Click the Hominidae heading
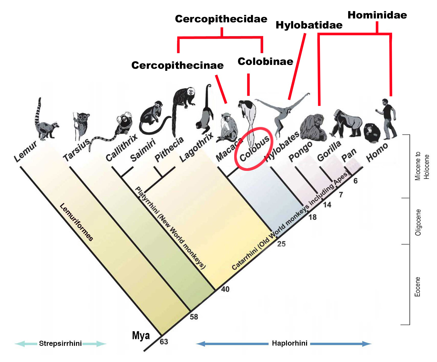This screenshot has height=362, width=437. pyautogui.click(x=377, y=15)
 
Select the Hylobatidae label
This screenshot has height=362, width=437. pyautogui.click(x=309, y=25)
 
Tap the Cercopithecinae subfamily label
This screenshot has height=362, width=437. pyautogui.click(x=177, y=65)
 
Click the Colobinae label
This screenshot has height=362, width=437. pyautogui.click(x=265, y=62)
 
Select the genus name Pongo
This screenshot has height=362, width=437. pyautogui.click(x=300, y=152)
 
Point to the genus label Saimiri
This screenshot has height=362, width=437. pyautogui.click(x=143, y=151)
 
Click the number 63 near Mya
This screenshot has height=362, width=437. pyautogui.click(x=164, y=342)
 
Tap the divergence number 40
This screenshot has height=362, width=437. pyautogui.click(x=225, y=289)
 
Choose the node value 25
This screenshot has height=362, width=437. pyautogui.click(x=281, y=244)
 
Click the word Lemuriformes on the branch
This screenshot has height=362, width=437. pyautogui.click(x=77, y=222)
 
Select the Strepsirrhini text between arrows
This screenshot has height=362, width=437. pyautogui.click(x=60, y=344)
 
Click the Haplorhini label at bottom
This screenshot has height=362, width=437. pyautogui.click(x=289, y=343)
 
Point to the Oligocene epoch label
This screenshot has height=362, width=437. pyautogui.click(x=418, y=222)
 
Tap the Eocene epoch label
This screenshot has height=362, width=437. pyautogui.click(x=417, y=287)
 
